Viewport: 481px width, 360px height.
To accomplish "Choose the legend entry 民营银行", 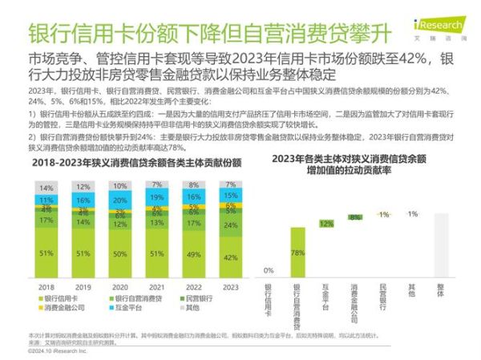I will point(204,298).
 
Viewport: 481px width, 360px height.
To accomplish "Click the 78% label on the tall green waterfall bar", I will point(297,253).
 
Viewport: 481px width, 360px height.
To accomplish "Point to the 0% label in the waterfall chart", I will point(268,270).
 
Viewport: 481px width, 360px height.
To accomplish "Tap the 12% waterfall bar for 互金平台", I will point(326,224).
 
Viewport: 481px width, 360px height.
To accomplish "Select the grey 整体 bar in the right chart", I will point(440,245).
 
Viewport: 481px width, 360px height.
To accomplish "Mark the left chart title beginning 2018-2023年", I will point(125,163).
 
